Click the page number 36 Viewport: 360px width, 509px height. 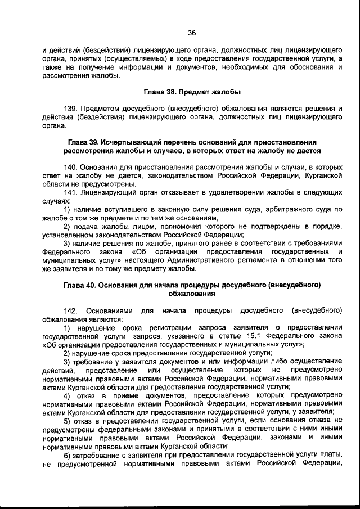tap(191, 33)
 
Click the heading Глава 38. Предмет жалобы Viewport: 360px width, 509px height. tap(191, 92)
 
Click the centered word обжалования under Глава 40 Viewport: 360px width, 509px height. tap(191, 294)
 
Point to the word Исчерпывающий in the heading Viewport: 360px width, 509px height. tap(129, 142)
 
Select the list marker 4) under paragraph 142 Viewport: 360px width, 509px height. tap(67, 395)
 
